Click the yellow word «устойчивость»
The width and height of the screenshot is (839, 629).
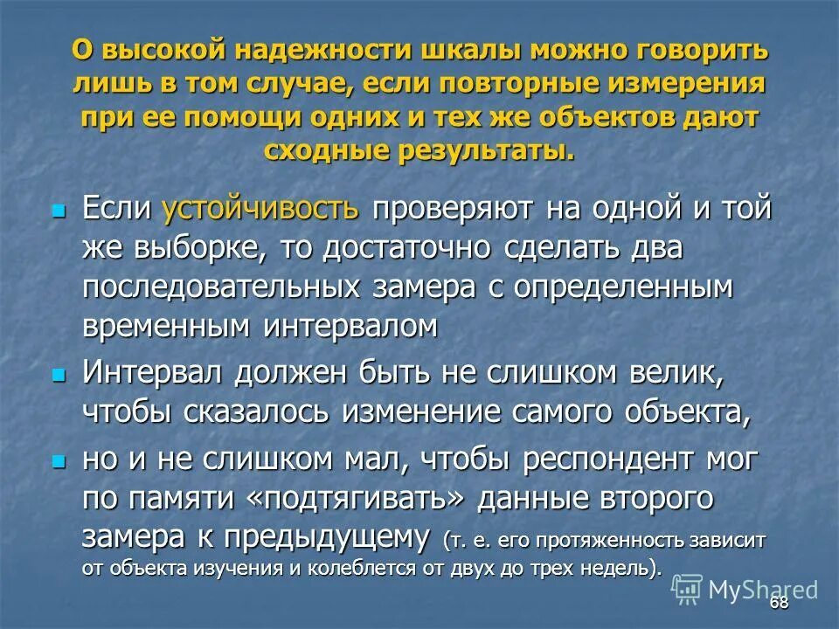coord(260,210)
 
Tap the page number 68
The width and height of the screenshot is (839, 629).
coord(780,605)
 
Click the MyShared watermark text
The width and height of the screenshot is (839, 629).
coord(762,590)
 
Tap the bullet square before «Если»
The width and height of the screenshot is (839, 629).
coord(59,211)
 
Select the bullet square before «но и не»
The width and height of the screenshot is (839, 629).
coord(59,460)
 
